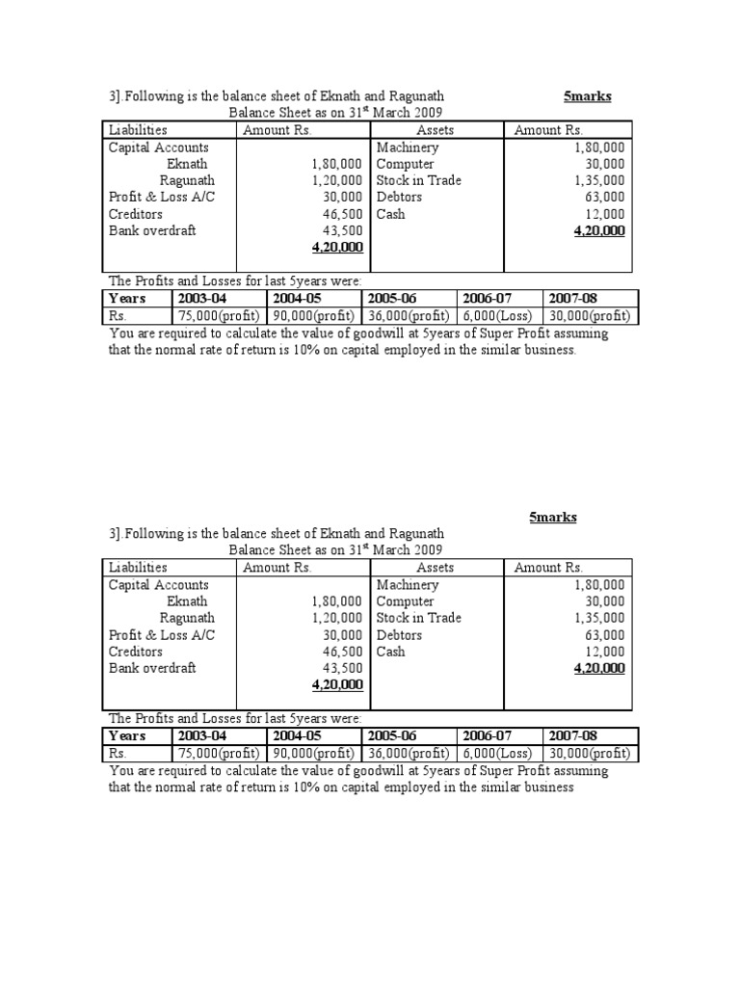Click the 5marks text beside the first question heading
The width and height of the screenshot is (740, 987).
tap(587, 97)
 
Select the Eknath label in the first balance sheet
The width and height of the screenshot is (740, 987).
tap(187, 164)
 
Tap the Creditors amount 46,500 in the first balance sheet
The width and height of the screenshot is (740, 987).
tap(342, 214)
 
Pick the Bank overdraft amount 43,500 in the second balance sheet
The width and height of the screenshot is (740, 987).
tap(342, 668)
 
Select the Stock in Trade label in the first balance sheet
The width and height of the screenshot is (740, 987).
tap(418, 180)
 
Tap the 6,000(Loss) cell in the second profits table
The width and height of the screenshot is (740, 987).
tap(498, 754)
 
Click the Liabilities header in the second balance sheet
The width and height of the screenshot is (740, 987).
tap(138, 568)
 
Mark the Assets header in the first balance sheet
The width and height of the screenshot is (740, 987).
tap(436, 130)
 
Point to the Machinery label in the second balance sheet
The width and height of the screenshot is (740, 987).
tap(408, 585)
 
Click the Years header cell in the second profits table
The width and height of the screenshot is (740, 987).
tap(128, 736)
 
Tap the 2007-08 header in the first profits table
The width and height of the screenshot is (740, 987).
tap(573, 299)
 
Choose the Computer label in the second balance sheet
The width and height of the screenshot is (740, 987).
tap(406, 601)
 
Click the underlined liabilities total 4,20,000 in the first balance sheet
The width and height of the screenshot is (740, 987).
tap(336, 248)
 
